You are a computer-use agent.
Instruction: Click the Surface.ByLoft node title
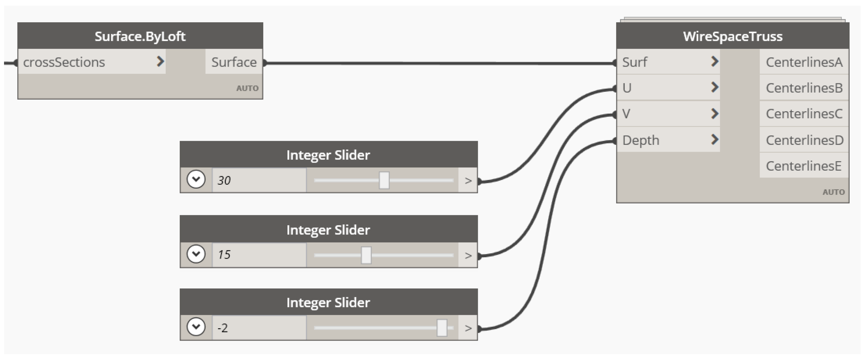[140, 36]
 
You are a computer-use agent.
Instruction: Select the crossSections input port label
[64, 62]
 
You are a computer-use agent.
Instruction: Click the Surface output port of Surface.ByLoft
[234, 62]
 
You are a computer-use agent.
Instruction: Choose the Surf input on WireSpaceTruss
[634, 62]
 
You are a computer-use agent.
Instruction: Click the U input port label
[627, 88]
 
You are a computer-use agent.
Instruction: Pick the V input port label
[626, 114]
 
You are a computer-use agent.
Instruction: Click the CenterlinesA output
[804, 62]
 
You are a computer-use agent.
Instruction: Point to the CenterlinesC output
[804, 114]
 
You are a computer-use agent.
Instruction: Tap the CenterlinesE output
[803, 166]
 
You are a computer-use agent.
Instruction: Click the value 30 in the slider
[224, 181]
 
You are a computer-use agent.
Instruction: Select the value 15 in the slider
[224, 254]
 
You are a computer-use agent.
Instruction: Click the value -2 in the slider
[223, 328]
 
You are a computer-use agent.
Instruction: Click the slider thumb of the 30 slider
[384, 181]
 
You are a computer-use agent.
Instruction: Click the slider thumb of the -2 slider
[442, 328]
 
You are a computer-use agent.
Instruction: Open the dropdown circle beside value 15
[196, 254]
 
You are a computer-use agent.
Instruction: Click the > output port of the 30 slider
[468, 181]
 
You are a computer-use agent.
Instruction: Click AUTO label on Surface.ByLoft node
[247, 88]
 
